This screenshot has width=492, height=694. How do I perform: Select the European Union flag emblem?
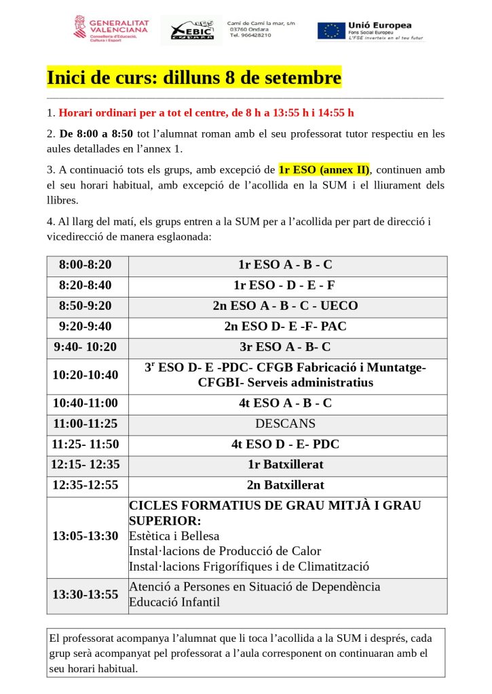click(331, 30)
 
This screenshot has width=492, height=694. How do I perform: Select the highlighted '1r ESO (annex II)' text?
click(324, 169)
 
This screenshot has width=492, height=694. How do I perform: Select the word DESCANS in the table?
click(285, 424)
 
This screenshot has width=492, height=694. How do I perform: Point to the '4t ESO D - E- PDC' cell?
click(285, 445)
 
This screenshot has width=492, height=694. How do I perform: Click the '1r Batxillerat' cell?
click(285, 465)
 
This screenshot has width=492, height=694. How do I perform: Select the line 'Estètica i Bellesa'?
click(174, 536)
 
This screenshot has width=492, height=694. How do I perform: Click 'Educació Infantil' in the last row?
click(174, 602)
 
